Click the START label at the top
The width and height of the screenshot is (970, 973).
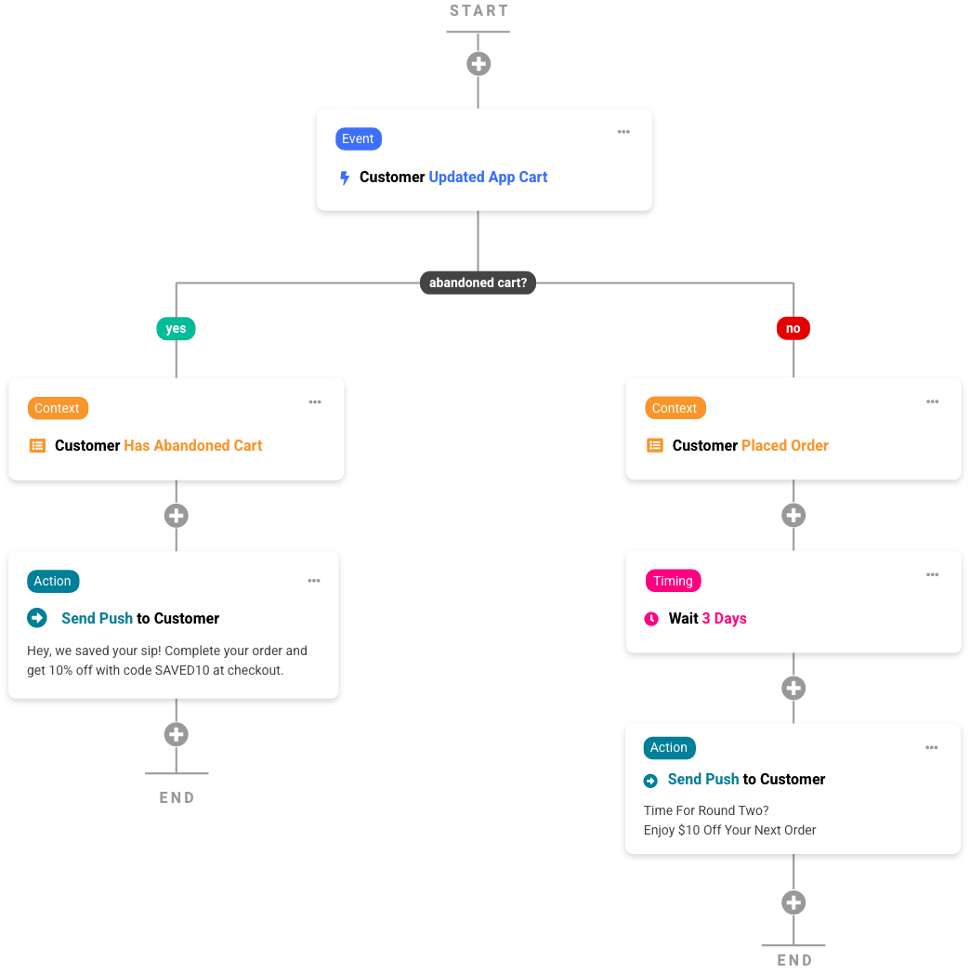pyautogui.click(x=478, y=11)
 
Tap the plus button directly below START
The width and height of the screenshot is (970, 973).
pyautogui.click(x=478, y=64)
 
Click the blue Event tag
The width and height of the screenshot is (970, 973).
pyautogui.click(x=358, y=138)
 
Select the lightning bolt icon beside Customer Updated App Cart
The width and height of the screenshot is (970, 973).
pyautogui.click(x=344, y=178)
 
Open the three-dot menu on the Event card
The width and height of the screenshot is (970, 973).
pyautogui.click(x=623, y=132)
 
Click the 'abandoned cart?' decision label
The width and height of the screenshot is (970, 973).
pyautogui.click(x=478, y=283)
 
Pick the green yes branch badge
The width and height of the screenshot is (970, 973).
pyautogui.click(x=176, y=328)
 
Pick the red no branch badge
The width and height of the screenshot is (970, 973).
pyautogui.click(x=793, y=328)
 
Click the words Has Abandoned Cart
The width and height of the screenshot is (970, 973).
pyautogui.click(x=193, y=446)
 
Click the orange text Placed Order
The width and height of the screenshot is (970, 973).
pyautogui.click(x=785, y=446)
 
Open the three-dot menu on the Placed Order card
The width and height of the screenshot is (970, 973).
pyautogui.click(x=932, y=401)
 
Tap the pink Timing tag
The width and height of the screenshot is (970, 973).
pyautogui.click(x=673, y=581)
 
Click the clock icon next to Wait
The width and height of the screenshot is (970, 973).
pyautogui.click(x=651, y=619)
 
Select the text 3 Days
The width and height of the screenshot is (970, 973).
pyautogui.click(x=724, y=619)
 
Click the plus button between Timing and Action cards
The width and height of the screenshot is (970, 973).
pyautogui.click(x=793, y=688)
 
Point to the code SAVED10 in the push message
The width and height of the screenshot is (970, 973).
pyautogui.click(x=184, y=670)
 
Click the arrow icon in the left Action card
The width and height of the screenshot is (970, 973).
pyautogui.click(x=37, y=618)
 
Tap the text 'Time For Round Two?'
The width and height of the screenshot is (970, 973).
pyautogui.click(x=706, y=810)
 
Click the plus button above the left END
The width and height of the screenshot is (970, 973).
pyautogui.click(x=176, y=734)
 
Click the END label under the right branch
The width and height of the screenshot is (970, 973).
pyautogui.click(x=794, y=960)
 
